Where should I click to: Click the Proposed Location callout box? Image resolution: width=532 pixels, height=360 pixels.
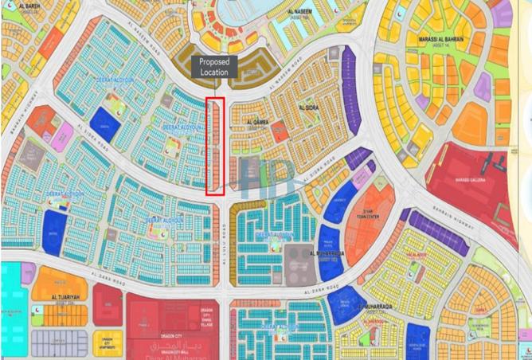[x=213, y=67]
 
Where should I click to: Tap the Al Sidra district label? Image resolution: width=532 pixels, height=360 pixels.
[x=309, y=106]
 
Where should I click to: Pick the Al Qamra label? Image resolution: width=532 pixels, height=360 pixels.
[x=259, y=122]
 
